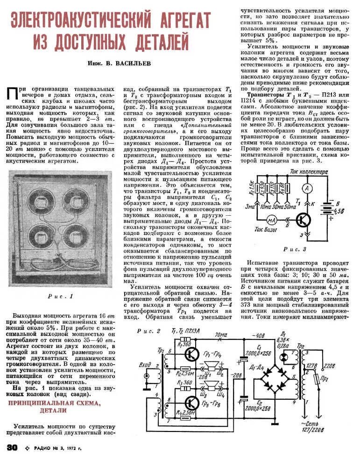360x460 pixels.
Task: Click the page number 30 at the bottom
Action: coord(12,447)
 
